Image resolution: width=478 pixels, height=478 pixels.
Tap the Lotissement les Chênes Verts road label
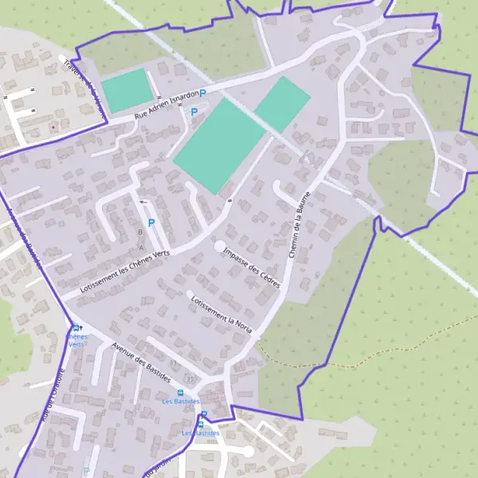[x=125, y=273]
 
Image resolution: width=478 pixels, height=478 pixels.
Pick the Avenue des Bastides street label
[x=142, y=362]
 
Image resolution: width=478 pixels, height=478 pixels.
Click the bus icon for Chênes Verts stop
[x=76, y=327]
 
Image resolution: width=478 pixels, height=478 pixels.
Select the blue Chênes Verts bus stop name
[x=76, y=340]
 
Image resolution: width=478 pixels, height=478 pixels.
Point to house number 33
[x=174, y=362]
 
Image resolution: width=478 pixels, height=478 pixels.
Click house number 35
[x=190, y=378]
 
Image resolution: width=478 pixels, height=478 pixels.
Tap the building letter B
[x=140, y=232]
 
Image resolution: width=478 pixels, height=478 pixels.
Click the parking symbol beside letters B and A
[x=151, y=223]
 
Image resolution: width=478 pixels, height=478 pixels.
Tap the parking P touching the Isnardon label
[x=202, y=94]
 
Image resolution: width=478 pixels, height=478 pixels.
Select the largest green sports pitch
[x=218, y=144]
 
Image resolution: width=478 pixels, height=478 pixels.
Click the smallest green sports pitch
[x=127, y=90]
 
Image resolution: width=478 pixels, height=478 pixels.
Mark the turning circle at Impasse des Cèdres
[x=220, y=246]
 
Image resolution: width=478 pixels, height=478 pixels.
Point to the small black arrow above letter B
[x=143, y=202]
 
